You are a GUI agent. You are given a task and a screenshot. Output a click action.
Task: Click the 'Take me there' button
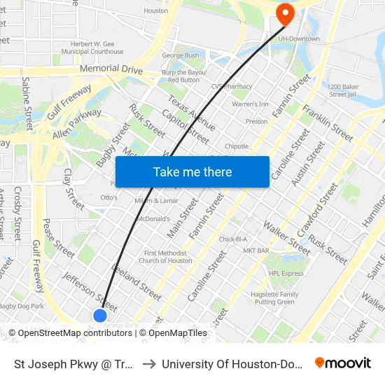pos(192,171)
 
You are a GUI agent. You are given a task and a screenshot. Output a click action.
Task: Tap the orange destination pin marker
pos(286,14)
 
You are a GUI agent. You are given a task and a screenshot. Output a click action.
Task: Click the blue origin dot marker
pos(100,315)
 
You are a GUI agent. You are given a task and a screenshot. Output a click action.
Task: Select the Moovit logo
pos(343,363)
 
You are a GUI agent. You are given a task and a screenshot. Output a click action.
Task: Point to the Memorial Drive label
pos(111,71)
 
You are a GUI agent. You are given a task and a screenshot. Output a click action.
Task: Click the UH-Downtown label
pos(299,39)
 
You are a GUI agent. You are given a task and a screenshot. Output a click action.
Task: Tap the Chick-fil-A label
pos(234,239)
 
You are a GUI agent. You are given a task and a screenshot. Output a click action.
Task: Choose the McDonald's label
pos(156,219)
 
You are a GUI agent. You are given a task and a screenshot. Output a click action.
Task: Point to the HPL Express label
pos(286,274)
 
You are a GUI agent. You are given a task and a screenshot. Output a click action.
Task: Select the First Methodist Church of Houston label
pos(165,257)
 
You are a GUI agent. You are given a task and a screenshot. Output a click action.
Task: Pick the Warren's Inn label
pos(250,104)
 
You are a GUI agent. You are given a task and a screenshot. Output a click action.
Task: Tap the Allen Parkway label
pos(76,123)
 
